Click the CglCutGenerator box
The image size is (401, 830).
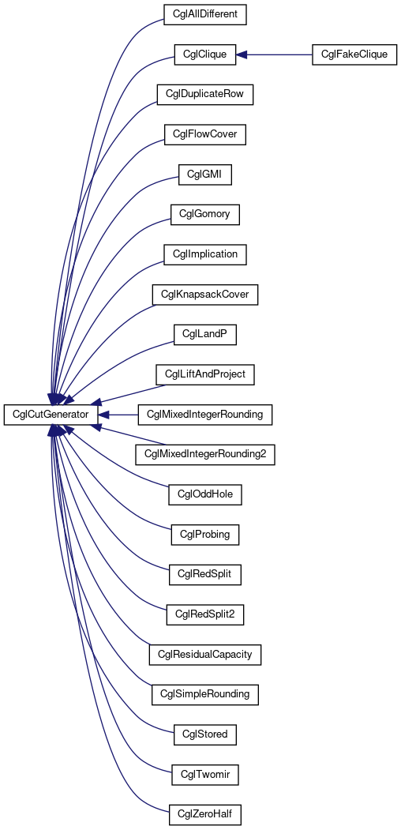[x=51, y=414]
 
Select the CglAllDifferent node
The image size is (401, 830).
[x=204, y=14]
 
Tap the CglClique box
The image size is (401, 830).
[x=204, y=54]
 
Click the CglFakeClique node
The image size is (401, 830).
[x=354, y=54]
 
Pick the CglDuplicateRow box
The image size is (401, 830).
[x=204, y=95]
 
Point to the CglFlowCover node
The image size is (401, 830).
[x=204, y=135]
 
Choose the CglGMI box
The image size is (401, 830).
[x=204, y=175]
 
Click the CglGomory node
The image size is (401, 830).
[x=204, y=215]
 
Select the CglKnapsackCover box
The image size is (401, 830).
[x=204, y=295]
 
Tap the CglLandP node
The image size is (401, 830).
[x=204, y=335]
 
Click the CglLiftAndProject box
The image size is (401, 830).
[x=204, y=375]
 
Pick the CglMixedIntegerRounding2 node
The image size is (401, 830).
[x=204, y=455]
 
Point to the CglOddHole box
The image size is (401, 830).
[x=204, y=495]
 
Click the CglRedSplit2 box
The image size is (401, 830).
[x=204, y=615]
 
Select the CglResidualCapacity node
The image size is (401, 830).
[x=204, y=655]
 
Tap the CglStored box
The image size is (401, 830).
[x=204, y=734]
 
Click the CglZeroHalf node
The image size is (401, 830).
[x=204, y=815]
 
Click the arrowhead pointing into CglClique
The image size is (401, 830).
[x=242, y=54]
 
